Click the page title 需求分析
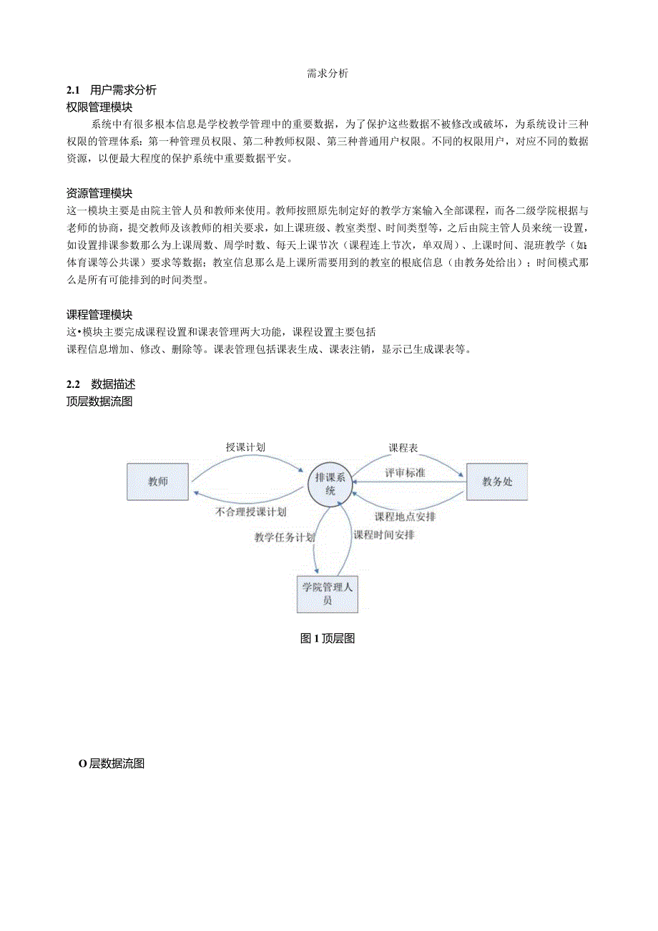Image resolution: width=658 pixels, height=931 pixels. (328, 73)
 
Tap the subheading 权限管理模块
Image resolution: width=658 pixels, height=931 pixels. (99, 107)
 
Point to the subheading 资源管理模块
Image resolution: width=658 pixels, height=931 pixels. (99, 193)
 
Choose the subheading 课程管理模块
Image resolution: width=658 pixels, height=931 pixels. (99, 315)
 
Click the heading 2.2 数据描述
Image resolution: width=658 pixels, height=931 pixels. (101, 384)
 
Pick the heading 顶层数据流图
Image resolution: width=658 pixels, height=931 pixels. (99, 401)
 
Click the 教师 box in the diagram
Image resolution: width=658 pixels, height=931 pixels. (158, 482)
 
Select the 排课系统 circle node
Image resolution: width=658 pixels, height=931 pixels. (330, 485)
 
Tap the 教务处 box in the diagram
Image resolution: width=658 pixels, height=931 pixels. (497, 482)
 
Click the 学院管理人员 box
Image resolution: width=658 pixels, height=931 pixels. (327, 594)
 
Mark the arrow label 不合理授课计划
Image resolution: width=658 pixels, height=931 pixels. (250, 512)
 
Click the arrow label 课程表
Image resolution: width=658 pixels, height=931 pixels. (403, 448)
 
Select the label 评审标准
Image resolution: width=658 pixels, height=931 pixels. (406, 473)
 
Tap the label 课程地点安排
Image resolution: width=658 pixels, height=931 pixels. (406, 517)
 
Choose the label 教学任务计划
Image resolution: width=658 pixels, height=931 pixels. (284, 537)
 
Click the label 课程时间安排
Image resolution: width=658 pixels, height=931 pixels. (384, 535)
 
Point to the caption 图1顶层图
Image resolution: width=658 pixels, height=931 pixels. (328, 639)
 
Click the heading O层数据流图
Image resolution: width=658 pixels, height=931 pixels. (112, 764)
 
